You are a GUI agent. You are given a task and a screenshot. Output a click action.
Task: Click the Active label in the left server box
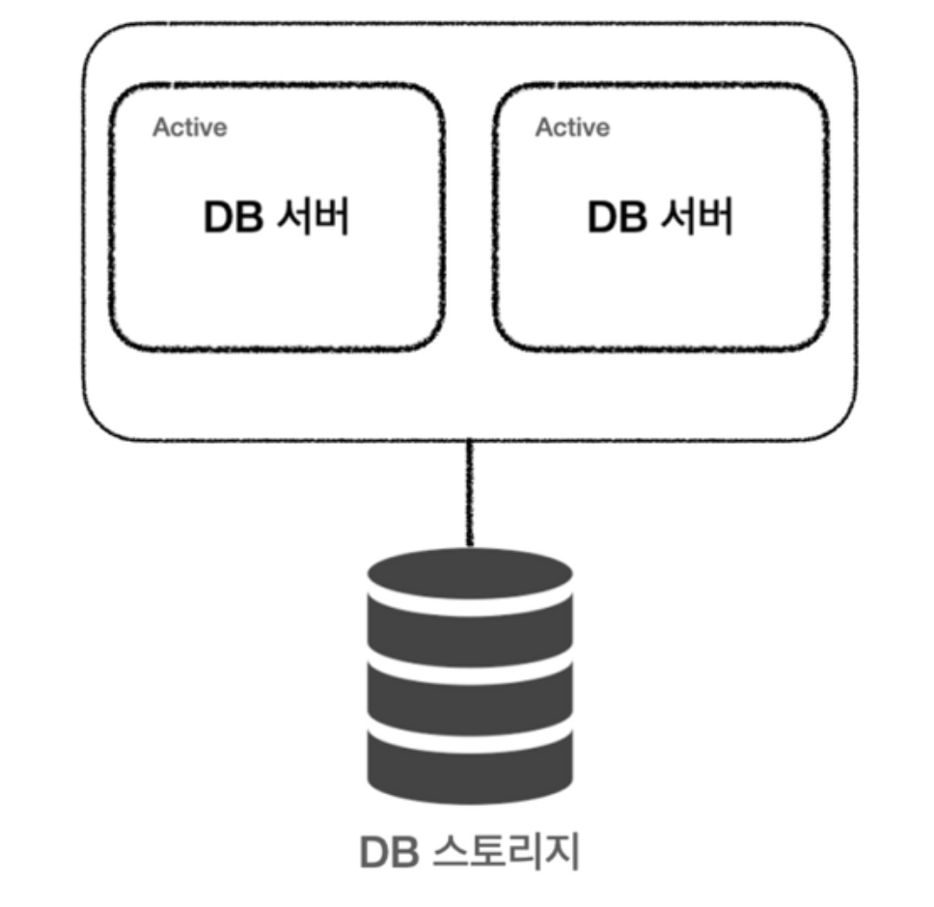tap(189, 127)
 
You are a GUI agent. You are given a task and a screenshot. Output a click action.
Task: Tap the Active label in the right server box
tap(572, 127)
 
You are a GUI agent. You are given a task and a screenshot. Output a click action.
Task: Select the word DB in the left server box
tap(233, 218)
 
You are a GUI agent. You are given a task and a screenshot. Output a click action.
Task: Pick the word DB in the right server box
tap(617, 218)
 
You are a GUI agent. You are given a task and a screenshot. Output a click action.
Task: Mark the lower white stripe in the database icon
tap(470, 731)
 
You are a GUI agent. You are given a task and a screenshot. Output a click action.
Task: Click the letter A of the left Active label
tap(160, 127)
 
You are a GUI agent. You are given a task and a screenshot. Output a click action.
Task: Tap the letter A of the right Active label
tap(543, 127)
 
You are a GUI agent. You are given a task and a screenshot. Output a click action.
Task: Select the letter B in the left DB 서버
tap(248, 218)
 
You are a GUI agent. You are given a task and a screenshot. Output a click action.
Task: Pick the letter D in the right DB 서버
tap(602, 218)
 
